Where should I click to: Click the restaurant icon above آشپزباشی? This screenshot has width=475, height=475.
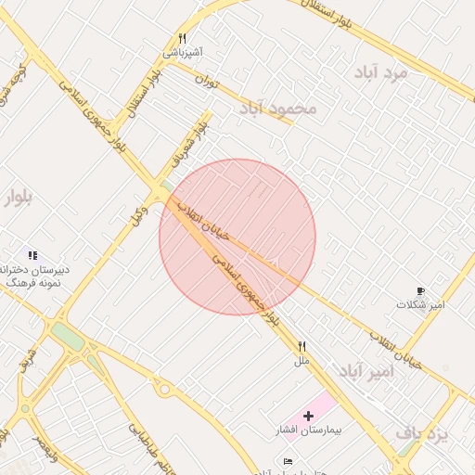pos(183,39)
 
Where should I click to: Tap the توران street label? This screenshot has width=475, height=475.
pos(206,82)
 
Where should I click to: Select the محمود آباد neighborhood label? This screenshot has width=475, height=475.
pos(278,109)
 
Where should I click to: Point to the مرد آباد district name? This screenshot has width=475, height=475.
pos(380,72)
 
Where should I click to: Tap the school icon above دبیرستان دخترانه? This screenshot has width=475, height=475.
pos(32,255)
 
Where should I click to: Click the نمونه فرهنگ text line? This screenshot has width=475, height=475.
pos(33,281)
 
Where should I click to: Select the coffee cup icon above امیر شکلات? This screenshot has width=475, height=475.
pos(421,290)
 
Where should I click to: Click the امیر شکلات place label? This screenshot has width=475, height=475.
pos(421,304)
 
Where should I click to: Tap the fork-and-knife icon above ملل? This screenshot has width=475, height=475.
pos(302,346)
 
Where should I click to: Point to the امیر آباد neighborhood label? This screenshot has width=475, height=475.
pos(366,371)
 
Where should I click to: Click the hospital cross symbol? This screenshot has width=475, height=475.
pos(309,417)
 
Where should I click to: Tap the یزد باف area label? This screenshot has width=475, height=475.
pos(422,432)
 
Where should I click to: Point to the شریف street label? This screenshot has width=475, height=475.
pos(29,358)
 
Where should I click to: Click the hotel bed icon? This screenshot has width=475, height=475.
pos(288,461)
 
